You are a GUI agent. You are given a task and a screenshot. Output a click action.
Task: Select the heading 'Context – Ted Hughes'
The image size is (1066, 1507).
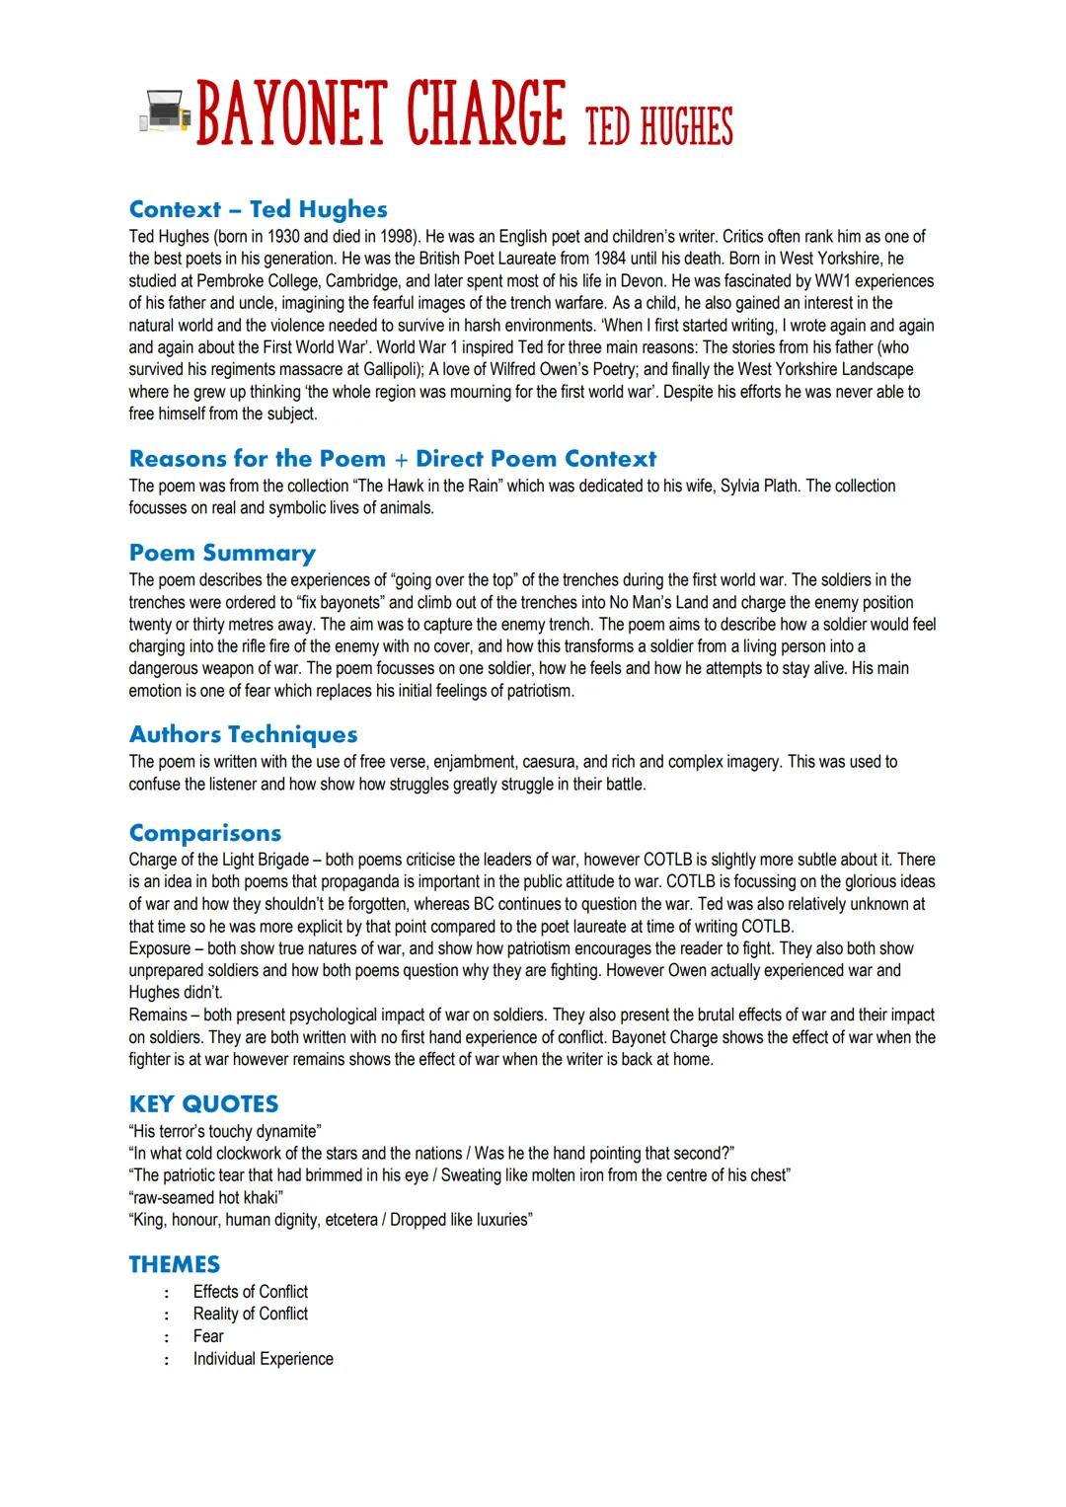click(258, 209)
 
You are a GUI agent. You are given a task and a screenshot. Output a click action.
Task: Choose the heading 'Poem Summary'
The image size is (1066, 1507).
click(222, 553)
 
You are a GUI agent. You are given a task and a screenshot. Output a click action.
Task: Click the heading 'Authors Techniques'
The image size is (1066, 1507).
click(243, 734)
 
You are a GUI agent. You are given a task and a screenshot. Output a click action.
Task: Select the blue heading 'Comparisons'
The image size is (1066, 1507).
click(204, 833)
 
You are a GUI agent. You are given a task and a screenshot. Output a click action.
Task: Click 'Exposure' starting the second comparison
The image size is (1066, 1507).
click(160, 948)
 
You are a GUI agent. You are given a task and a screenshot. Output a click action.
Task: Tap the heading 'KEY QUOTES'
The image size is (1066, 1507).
click(203, 1104)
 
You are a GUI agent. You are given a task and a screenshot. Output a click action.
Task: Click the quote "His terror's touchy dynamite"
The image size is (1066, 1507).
click(225, 1131)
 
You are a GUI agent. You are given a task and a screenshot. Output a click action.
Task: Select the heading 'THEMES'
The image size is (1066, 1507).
click(175, 1264)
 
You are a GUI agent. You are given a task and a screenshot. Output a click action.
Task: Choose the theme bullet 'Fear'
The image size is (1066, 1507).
click(208, 1336)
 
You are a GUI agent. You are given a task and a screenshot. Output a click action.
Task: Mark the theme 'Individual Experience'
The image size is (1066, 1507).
click(263, 1359)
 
